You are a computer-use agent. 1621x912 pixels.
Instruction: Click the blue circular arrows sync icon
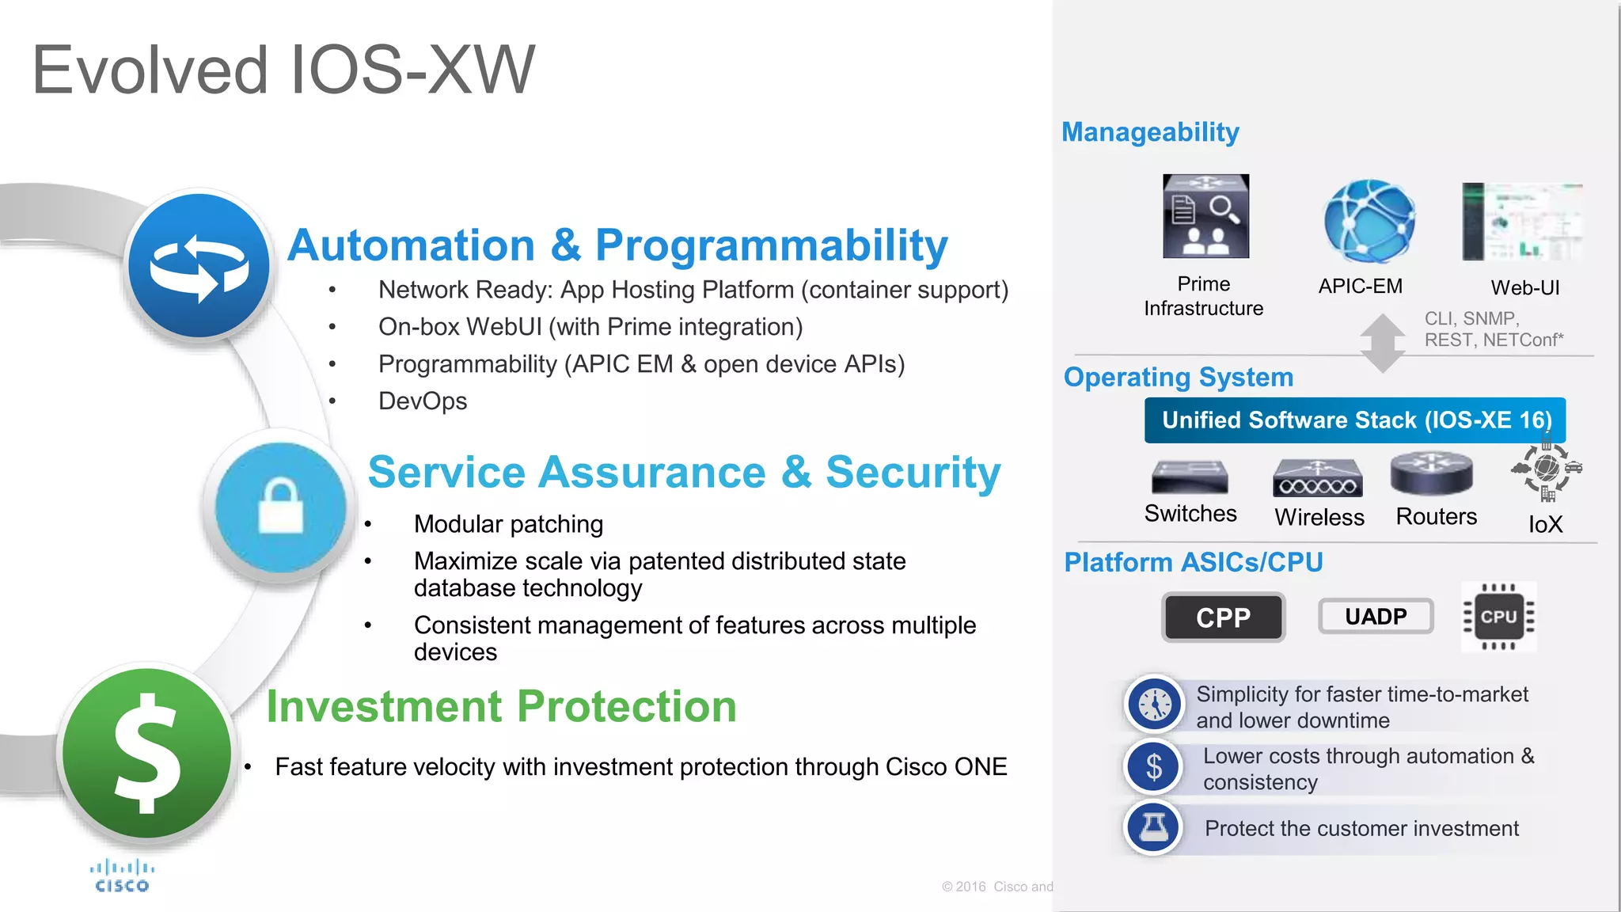click(199, 266)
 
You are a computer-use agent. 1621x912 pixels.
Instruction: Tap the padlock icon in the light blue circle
click(280, 507)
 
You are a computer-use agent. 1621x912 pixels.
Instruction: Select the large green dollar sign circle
click(146, 753)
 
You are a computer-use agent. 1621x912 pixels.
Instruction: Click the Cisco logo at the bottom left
click(122, 876)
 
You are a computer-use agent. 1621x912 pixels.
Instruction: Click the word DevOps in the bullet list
click(423, 401)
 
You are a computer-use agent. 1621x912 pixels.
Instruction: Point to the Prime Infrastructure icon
click(1205, 216)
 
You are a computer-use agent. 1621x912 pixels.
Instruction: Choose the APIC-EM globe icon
click(1369, 222)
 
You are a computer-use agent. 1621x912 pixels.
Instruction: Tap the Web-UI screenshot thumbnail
click(1521, 222)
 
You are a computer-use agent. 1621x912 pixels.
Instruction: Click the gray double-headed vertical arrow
click(1382, 343)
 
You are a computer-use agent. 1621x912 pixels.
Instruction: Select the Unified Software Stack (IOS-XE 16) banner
click(1354, 420)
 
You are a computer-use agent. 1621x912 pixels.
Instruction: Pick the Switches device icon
click(1190, 477)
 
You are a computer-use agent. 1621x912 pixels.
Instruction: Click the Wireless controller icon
click(1317, 479)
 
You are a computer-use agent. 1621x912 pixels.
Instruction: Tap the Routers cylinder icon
click(1431, 473)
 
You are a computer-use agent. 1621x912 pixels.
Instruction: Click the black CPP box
click(1223, 617)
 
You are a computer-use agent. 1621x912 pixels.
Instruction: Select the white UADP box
click(1376, 616)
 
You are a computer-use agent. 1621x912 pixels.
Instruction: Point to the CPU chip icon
click(1498, 617)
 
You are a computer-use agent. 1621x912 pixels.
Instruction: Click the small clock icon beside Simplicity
click(1155, 704)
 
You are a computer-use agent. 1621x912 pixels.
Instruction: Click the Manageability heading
click(1150, 132)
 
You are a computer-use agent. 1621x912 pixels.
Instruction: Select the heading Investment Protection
click(501, 706)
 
